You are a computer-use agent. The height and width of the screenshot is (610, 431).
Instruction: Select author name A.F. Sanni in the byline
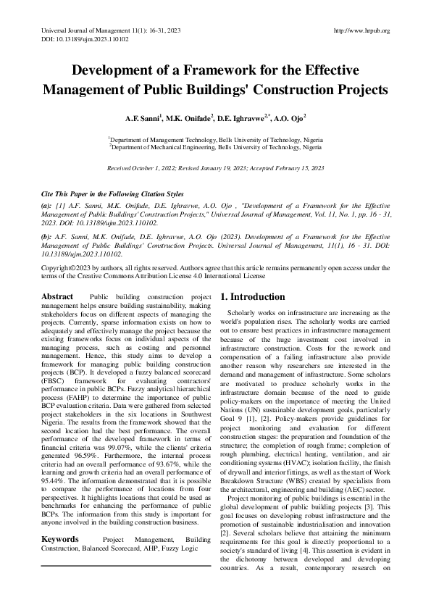tap(143, 117)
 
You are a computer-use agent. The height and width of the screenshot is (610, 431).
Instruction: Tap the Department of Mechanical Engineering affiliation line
tap(216, 146)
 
